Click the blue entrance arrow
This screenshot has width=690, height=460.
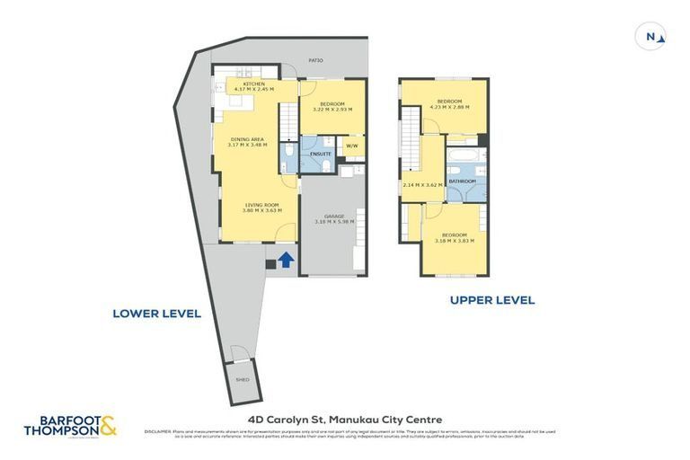click(285, 261)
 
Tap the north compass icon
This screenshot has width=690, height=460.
click(651, 37)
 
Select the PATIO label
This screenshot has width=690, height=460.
click(315, 60)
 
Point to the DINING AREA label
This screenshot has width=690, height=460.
click(247, 138)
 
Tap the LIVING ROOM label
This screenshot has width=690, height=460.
click(261, 205)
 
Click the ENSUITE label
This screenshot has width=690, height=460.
click(321, 155)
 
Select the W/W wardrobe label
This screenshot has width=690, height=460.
click(351, 146)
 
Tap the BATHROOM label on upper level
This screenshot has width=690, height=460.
click(463, 181)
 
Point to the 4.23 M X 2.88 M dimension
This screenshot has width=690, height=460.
click(449, 107)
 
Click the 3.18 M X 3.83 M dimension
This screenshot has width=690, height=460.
click(454, 241)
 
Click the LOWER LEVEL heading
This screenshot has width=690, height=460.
click(156, 314)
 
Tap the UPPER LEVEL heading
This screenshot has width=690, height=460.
click(491, 300)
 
